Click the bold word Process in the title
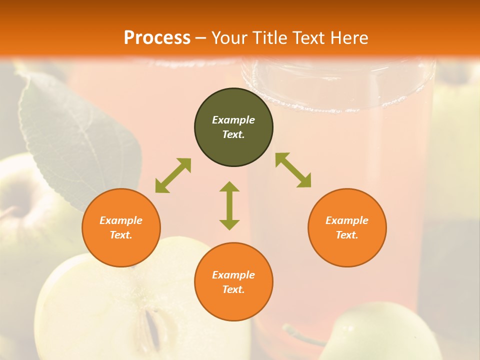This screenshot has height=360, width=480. click(157, 38)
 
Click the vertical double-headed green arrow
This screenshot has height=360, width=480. click(229, 205)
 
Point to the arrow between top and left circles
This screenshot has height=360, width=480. click(173, 175)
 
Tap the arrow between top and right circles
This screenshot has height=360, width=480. click(293, 170)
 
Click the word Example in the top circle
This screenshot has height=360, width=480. click(233, 120)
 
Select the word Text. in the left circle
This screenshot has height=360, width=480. click(121, 235)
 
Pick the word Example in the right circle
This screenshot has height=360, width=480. click(347, 220)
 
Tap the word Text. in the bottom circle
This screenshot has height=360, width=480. click(233, 289)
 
